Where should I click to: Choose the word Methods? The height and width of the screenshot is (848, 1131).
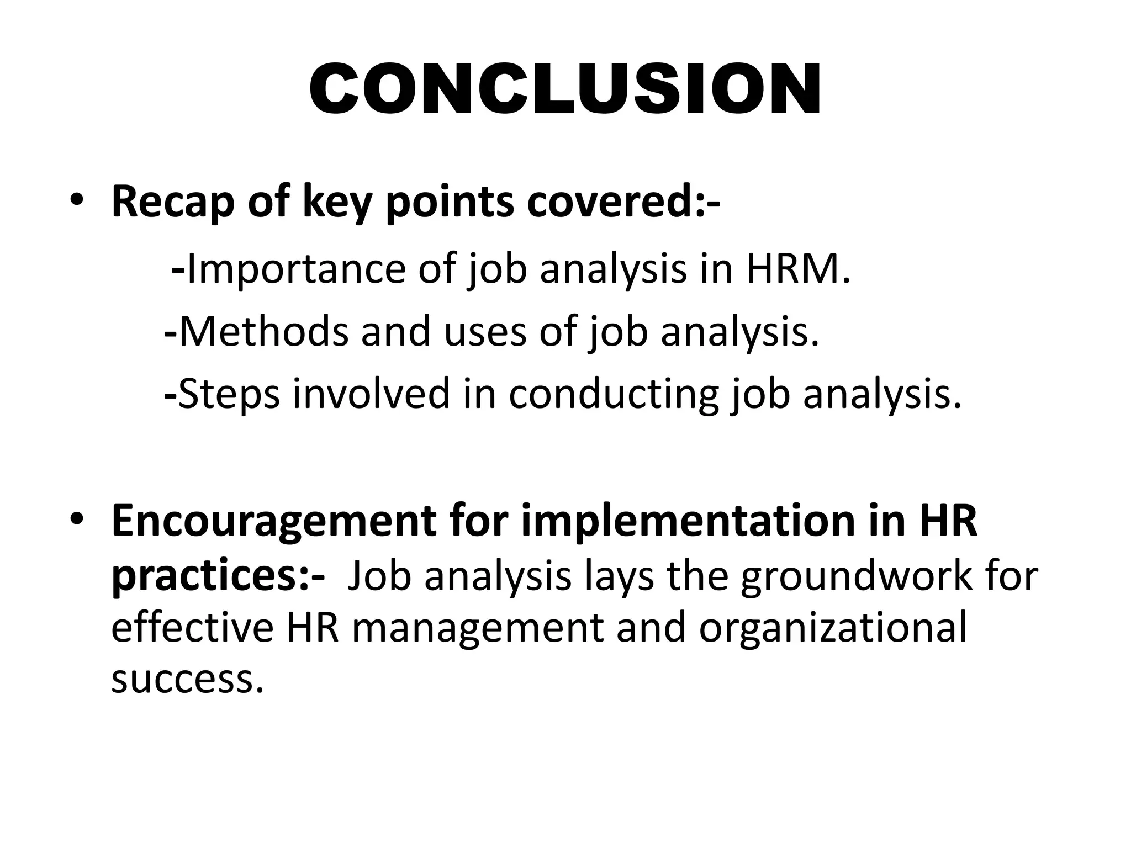point(263,332)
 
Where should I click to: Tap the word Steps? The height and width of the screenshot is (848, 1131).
point(229,394)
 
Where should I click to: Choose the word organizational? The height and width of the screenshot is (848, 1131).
point(833,628)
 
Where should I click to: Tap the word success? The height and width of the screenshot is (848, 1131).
point(182,679)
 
